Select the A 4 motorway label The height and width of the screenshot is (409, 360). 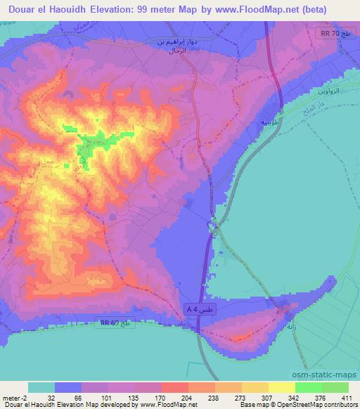pyautogui.click(x=199, y=309)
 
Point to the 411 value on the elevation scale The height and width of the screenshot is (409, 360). pyautogui.click(x=347, y=397)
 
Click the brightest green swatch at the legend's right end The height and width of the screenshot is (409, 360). pyautogui.click(x=335, y=387)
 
